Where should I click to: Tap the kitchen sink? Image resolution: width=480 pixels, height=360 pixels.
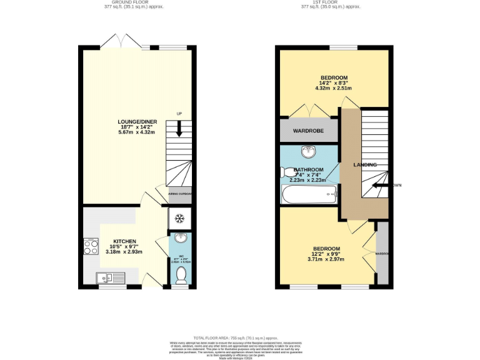pos(107,277)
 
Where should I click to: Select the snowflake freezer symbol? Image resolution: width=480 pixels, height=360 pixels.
pos(179,219)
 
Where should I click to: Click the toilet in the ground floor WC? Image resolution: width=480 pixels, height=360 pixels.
pos(180,274)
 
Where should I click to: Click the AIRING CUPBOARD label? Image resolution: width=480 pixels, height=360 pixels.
pos(179,194)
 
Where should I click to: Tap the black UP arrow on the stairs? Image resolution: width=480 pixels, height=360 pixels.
pos(179,129)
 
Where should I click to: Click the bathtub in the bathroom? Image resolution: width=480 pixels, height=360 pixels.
pos(309,196)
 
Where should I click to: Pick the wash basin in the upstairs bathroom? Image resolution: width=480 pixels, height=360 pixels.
pos(308,152)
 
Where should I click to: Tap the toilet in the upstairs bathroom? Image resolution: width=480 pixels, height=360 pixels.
pos(289,172)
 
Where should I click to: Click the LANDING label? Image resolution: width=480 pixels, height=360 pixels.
pos(364,164)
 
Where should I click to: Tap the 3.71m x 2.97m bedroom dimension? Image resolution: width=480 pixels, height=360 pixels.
pos(327,259)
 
